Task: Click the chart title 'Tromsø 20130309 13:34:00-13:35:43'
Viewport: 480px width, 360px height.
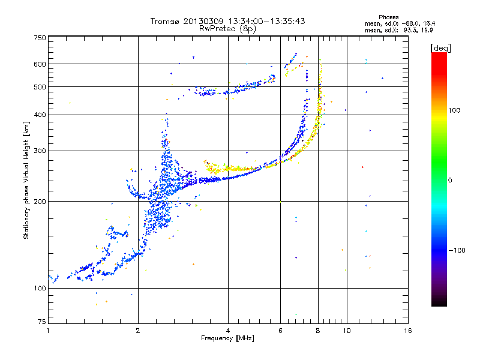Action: [228, 21]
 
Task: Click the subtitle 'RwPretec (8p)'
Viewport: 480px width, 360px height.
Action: [227, 28]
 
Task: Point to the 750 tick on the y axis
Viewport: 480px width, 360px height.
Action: [40, 37]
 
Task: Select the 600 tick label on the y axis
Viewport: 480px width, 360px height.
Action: [40, 64]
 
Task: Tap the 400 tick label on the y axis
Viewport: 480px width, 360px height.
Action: [40, 115]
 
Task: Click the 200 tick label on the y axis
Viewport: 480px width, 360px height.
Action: [40, 202]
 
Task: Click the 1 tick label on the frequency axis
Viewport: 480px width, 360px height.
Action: [48, 331]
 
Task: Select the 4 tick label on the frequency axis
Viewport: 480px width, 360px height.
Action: [228, 331]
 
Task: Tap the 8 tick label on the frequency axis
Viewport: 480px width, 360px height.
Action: [318, 331]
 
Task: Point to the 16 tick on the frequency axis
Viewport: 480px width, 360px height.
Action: [407, 331]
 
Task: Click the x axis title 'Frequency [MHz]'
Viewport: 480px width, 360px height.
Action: [228, 338]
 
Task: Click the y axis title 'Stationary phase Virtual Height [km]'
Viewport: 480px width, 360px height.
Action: [26, 180]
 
